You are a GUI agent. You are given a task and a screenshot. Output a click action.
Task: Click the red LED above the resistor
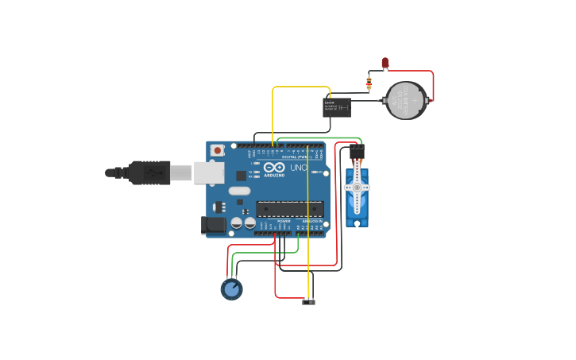[385, 63]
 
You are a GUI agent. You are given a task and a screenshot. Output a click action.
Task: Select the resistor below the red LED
[369, 83]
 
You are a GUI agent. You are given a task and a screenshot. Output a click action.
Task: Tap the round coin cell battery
[406, 100]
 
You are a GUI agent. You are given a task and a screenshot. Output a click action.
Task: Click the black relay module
[337, 107]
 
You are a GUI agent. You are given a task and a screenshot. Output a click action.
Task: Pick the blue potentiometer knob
[231, 289]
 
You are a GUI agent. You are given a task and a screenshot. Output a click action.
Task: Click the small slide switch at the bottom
[309, 301]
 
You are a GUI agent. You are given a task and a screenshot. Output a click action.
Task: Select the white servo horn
[357, 188]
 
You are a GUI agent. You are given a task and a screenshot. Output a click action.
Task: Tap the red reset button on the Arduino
[218, 150]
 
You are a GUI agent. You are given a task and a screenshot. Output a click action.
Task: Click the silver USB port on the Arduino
[208, 172]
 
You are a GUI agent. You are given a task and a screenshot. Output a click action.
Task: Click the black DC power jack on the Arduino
[214, 226]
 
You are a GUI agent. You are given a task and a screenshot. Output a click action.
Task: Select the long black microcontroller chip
[289, 209]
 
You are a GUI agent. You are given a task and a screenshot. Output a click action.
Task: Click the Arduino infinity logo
[274, 168]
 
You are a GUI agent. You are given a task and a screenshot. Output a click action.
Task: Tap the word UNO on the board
[298, 168]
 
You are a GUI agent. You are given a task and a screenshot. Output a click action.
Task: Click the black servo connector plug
[357, 152]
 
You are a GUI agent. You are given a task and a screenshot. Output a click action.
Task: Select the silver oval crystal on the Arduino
[239, 191]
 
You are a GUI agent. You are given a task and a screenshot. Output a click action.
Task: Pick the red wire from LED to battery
[433, 83]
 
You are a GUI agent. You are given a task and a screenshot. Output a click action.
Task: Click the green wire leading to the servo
[318, 137]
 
